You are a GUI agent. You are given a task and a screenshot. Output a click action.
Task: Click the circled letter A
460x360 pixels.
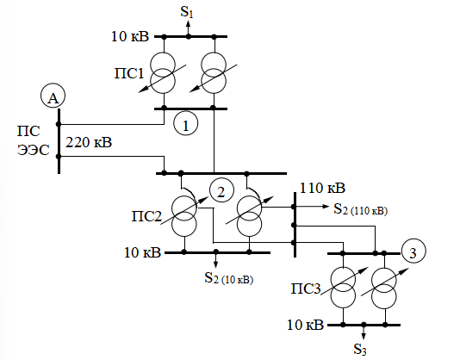coord(53,96)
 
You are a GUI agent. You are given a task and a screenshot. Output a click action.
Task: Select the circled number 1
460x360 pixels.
coord(186,123)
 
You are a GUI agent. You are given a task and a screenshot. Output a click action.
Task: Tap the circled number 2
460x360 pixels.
coord(221,190)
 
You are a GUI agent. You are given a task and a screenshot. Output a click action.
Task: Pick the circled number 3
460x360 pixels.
coord(413,251)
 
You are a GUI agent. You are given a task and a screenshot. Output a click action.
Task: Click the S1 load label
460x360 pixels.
coord(187,12)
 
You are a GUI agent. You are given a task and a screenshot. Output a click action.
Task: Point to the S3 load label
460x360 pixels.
coord(360,349)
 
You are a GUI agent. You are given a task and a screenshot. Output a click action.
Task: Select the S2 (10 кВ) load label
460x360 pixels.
coord(228,278)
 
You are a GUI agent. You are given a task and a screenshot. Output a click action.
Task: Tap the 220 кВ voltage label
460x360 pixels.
coord(89,143)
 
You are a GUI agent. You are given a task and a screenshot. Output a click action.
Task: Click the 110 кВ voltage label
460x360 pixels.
coord(322,188)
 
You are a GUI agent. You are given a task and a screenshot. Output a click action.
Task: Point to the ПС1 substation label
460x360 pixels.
coord(129,73)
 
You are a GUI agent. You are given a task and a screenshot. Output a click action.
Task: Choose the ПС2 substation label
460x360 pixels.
coord(146,216)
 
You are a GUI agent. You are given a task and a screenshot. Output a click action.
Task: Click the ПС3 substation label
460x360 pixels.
coord(306,289)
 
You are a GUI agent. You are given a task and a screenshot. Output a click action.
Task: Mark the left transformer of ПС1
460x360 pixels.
coord(162,72)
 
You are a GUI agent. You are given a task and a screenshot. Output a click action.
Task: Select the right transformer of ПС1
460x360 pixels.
coord(214,72)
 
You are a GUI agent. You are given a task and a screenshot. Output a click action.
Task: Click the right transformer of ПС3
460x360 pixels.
coord(384,288)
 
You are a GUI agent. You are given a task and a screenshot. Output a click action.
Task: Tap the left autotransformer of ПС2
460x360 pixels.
coord(184,215)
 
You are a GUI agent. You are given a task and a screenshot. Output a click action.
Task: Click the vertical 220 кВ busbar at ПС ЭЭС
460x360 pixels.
coord(59,141)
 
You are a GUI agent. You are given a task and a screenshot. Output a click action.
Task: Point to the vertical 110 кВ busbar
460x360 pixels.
coord(295,225)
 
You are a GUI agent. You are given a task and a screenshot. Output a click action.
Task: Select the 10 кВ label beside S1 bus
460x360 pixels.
coord(130,36)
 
